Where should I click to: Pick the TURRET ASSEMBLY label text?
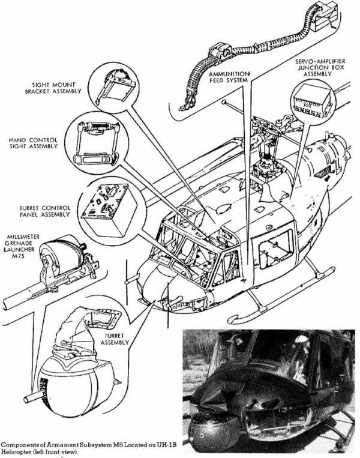pyautogui.click(x=113, y=337)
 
